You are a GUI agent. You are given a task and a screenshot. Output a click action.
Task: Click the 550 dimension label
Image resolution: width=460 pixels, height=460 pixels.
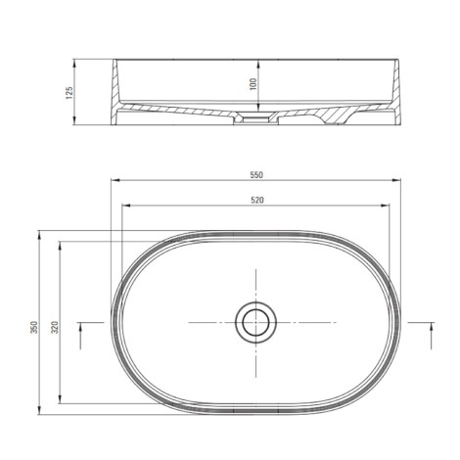point(256,175)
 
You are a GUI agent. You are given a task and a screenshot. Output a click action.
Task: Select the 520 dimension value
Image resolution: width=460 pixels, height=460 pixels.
point(257,201)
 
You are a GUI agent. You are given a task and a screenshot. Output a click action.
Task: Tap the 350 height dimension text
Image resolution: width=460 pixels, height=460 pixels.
point(34,327)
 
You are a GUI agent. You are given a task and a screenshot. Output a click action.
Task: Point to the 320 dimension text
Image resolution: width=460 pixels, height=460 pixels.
point(55,327)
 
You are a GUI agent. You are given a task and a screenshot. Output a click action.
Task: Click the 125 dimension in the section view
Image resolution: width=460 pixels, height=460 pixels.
point(69,93)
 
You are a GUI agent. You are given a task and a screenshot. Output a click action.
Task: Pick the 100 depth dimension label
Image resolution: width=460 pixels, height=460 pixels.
point(253,84)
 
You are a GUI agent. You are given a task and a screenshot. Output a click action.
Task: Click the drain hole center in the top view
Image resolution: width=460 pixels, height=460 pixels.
point(255,322)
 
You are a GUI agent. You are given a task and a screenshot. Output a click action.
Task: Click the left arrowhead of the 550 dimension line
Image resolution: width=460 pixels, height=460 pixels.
point(115,180)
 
